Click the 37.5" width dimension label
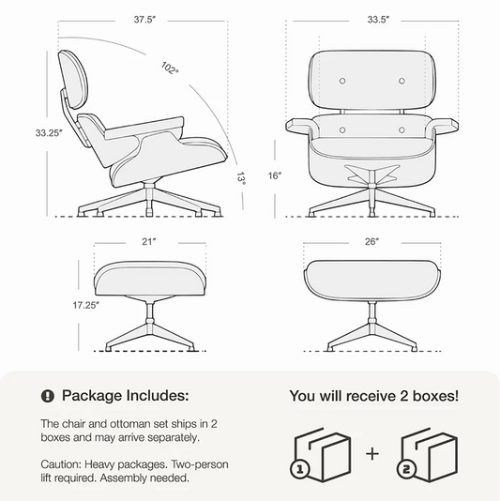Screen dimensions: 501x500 pos(144,19)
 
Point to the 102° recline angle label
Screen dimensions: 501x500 pos(170,68)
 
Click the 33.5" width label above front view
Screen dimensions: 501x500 pos(378,19)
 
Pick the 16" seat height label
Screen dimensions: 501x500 pos(273,175)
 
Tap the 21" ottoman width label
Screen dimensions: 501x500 pos(147,242)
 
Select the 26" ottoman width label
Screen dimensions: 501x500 pos(373,242)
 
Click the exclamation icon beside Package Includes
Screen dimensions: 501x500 pos(48,396)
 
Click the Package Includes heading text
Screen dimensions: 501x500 pos(125,396)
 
